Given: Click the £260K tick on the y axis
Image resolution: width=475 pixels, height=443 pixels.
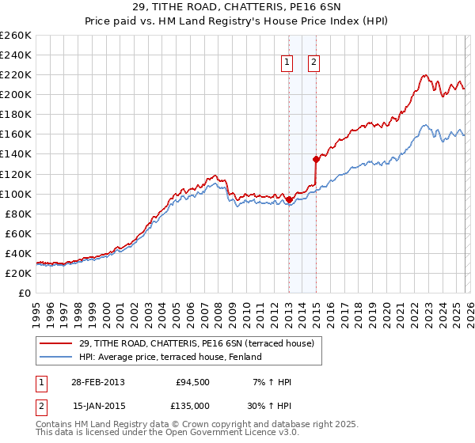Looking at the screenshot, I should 16,36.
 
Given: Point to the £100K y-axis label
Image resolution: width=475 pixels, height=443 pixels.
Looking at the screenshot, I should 16,194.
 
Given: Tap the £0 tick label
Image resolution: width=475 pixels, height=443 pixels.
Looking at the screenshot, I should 25,293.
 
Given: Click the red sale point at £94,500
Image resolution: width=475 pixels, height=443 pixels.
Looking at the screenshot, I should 290,199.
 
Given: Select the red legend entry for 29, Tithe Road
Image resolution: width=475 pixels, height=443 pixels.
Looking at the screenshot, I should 196,343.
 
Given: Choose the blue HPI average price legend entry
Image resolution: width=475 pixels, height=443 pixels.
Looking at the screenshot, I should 175,357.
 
